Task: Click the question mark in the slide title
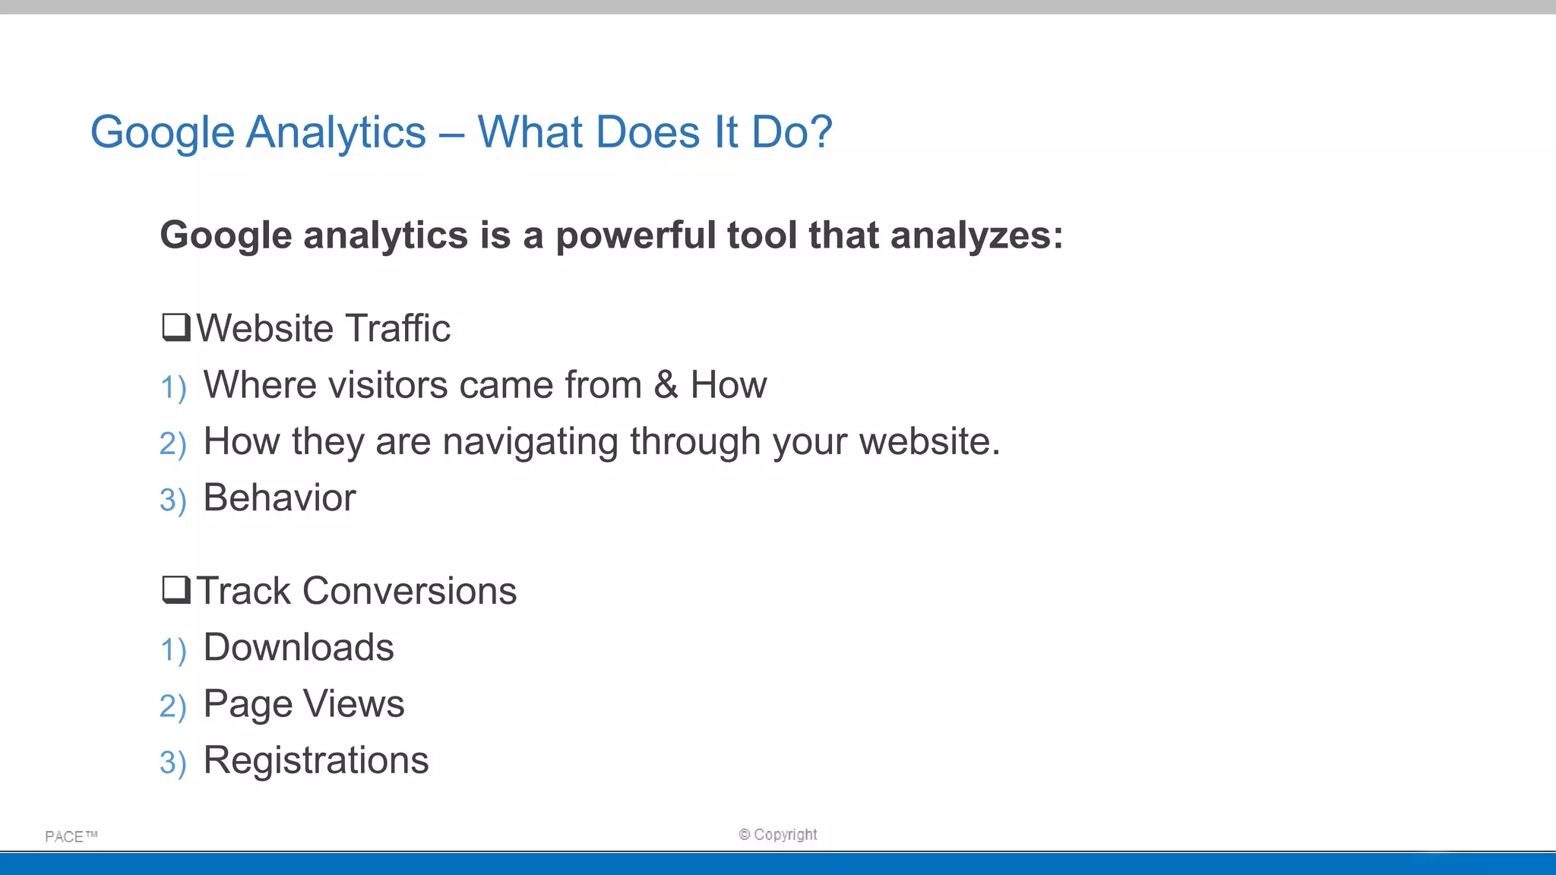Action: click(818, 132)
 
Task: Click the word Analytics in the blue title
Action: click(336, 132)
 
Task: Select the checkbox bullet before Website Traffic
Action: click(176, 328)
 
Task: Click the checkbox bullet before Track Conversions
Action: click(176, 590)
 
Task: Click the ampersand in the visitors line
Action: click(666, 384)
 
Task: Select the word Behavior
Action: click(279, 498)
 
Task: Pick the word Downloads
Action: click(298, 647)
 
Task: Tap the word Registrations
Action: click(315, 760)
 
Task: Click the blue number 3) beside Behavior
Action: click(172, 501)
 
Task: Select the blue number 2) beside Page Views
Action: click(172, 706)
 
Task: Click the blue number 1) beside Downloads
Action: click(172, 650)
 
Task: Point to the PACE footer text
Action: click(71, 836)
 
